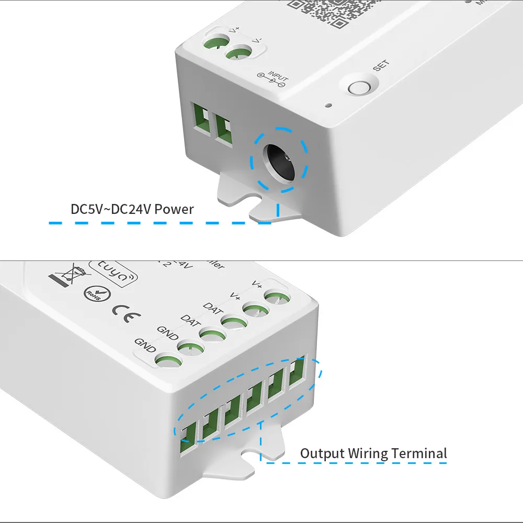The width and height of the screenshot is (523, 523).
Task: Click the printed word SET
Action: coord(381,66)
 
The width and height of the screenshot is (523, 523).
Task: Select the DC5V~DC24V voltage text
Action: coord(110,210)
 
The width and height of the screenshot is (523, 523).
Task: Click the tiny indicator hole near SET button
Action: coord(328,105)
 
